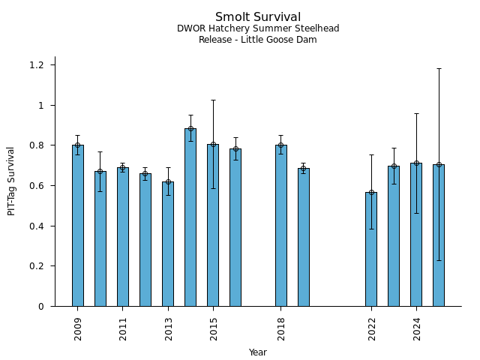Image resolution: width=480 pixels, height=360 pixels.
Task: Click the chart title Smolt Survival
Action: coord(258,17)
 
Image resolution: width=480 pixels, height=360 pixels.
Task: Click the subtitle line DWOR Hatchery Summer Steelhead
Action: coord(258,28)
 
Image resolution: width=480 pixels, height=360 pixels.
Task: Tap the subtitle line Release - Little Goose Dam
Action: coord(258,40)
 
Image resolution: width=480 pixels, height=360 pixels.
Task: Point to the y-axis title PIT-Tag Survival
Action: coord(11,181)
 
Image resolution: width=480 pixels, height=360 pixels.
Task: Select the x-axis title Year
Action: coord(258,352)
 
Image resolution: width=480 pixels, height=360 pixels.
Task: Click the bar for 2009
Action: coord(78,225)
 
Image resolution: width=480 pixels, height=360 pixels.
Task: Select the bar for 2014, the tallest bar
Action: coord(190,217)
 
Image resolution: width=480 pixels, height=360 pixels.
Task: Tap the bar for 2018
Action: coord(280,225)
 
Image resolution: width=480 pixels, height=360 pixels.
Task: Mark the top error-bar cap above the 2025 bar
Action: coord(439,69)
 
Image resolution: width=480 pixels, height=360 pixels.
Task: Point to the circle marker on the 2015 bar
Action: coord(213,144)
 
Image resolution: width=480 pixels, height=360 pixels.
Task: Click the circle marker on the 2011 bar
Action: coord(123,168)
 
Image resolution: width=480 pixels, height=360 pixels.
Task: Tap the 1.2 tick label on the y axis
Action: coord(37,65)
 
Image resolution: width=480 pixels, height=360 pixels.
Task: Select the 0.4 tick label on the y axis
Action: coord(37,226)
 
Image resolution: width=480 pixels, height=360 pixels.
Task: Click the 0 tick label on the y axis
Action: coord(42,306)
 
